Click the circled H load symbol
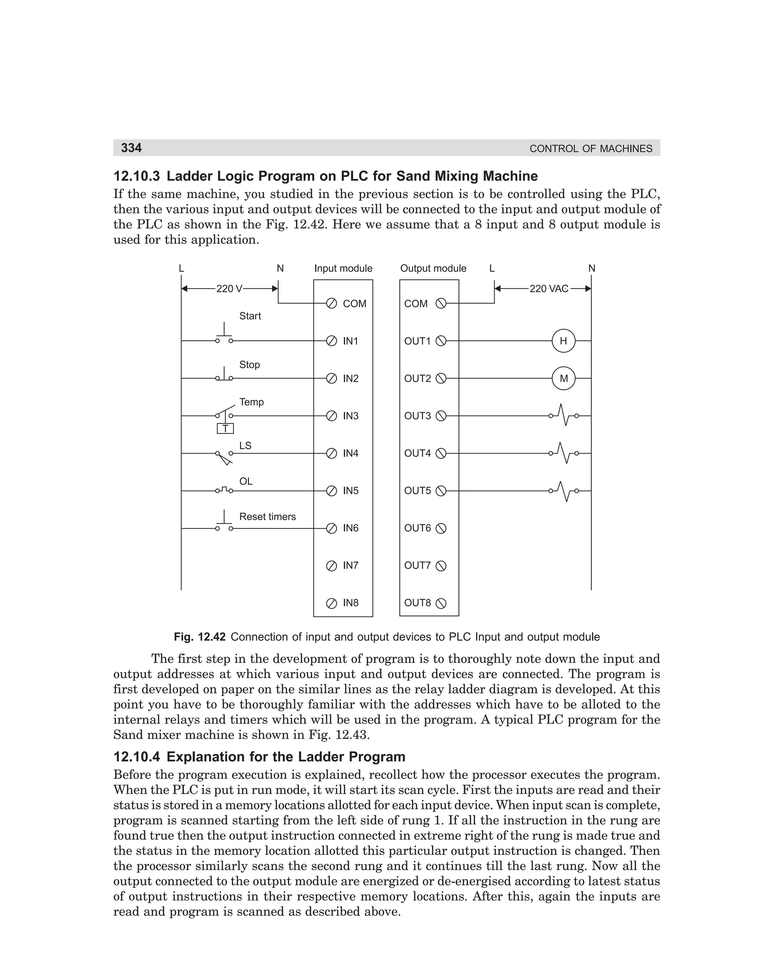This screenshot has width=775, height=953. (x=563, y=341)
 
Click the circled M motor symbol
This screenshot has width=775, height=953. (x=563, y=378)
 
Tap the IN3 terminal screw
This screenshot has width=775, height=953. (x=331, y=416)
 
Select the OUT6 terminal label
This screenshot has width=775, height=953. (x=417, y=528)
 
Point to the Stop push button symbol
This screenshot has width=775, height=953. (x=224, y=374)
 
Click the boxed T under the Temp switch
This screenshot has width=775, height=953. (x=226, y=429)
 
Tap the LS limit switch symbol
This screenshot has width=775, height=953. (x=224, y=457)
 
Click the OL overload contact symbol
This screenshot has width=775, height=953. (x=224, y=490)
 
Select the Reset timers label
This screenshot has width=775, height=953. (x=268, y=517)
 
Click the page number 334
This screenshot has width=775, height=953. (x=131, y=148)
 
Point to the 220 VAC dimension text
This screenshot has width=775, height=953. (x=549, y=289)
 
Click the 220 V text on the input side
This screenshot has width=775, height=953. (x=229, y=289)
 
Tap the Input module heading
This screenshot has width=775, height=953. (x=343, y=269)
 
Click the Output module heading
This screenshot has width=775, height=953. (x=433, y=269)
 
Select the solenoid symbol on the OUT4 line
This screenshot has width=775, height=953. (x=564, y=453)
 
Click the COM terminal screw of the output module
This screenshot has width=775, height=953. (x=440, y=304)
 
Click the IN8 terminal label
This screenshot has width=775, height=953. (x=350, y=603)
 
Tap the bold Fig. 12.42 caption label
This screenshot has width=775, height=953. (x=199, y=637)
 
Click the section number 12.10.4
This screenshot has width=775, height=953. (x=137, y=756)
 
